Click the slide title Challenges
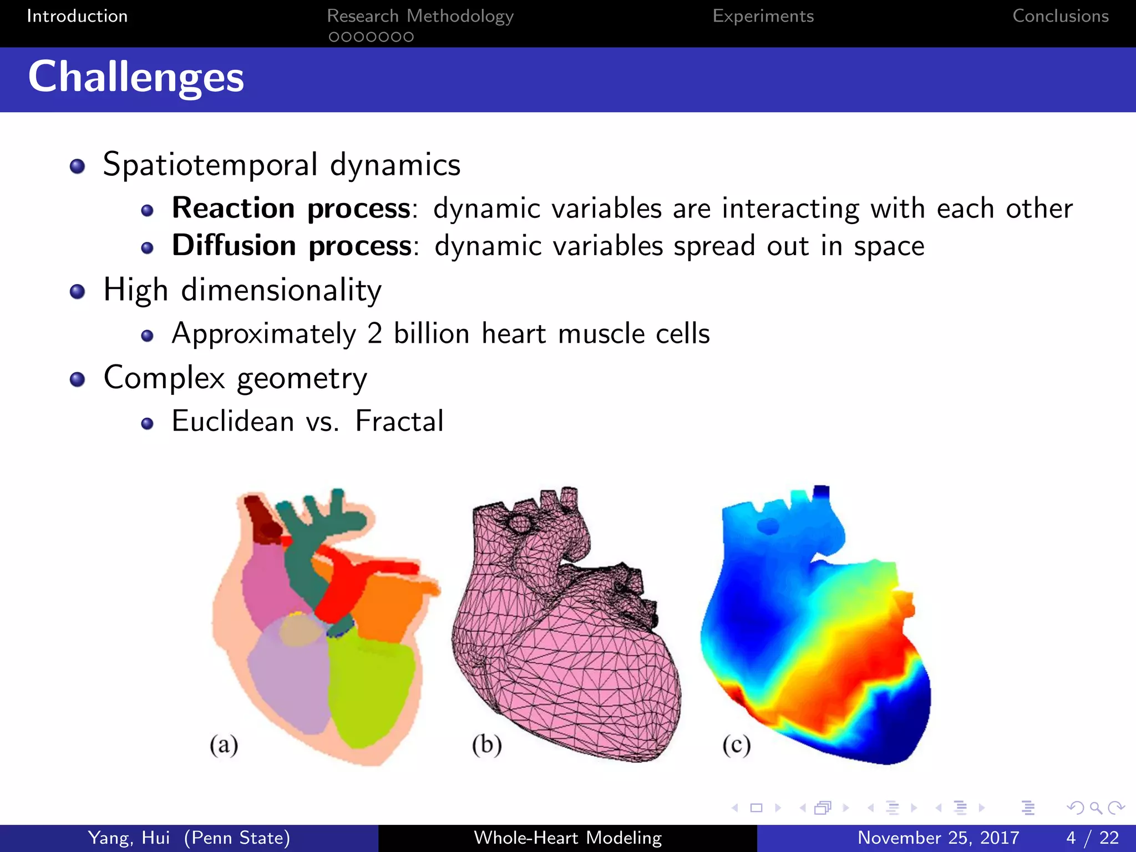coord(136,78)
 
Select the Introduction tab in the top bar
coord(77,16)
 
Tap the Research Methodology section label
coord(420,16)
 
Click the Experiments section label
coord(763,16)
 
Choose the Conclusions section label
coord(1060,16)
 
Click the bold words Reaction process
coord(291,209)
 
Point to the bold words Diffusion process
coord(292,246)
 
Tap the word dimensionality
coord(281,291)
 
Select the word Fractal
coord(399,421)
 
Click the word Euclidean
coord(233,421)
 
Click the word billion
coord(432,334)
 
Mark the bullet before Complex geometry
coord(78,379)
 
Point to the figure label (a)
coord(224,744)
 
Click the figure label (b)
coord(486,744)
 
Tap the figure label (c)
coord(736,744)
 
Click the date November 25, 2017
coord(938,838)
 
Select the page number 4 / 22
coord(1092,838)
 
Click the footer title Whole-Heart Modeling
coord(567,838)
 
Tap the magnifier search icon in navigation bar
coord(1096,808)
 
